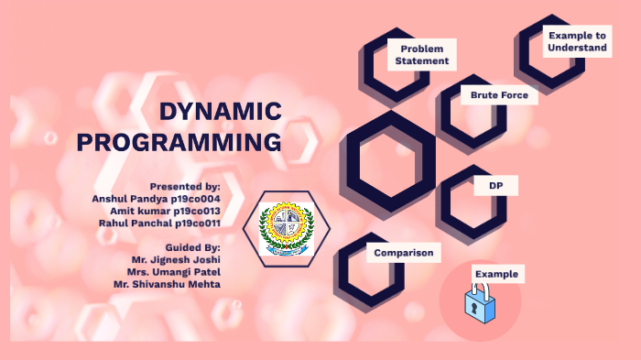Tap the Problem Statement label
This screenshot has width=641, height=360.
click(422, 55)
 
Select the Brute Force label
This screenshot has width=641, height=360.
click(499, 95)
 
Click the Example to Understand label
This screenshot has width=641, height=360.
click(577, 41)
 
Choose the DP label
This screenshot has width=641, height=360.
click(496, 186)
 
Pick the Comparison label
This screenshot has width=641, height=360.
click(403, 253)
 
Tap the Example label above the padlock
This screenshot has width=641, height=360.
click(496, 274)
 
